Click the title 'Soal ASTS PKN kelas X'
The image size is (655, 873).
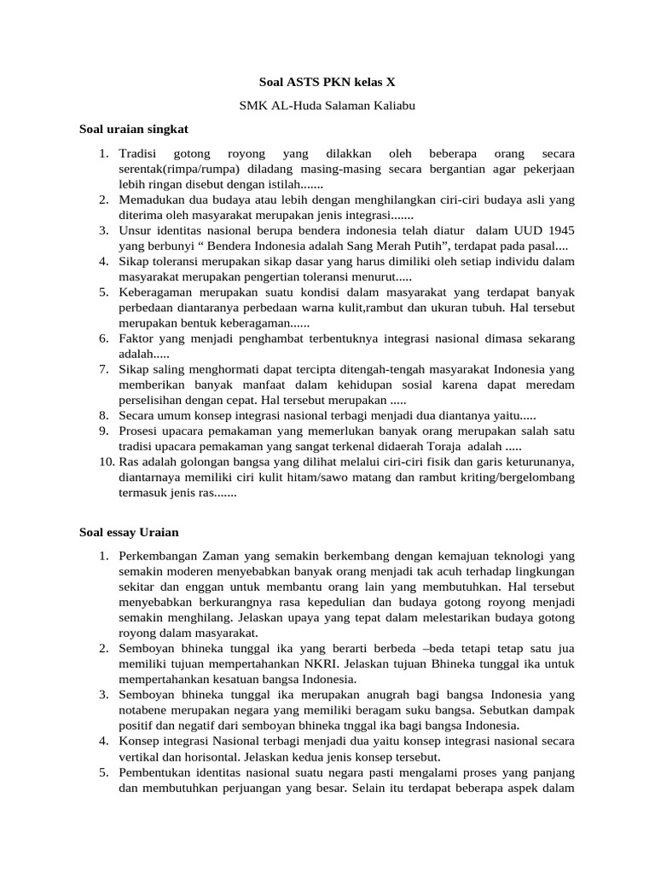[x=327, y=83]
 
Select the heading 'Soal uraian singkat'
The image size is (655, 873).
[x=133, y=130]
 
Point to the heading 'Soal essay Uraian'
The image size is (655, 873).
[x=129, y=532]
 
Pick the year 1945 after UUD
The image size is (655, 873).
[x=557, y=230]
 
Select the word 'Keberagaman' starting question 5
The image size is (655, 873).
[x=159, y=292]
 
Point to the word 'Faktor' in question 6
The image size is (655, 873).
[x=137, y=338]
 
